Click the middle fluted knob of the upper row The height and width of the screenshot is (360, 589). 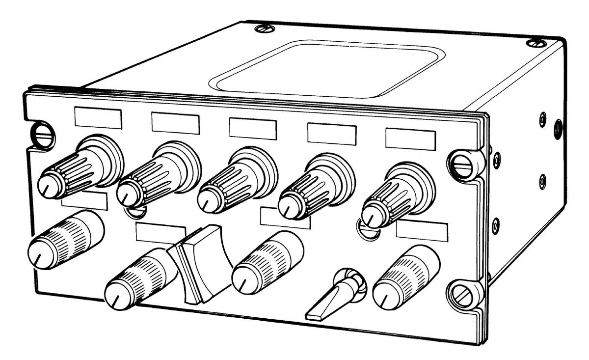pyautogui.click(x=236, y=182)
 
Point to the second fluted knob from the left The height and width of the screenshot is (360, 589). pyautogui.click(x=157, y=174)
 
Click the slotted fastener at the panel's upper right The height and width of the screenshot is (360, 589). pyautogui.click(x=463, y=166)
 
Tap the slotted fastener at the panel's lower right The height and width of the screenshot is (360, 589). pyautogui.click(x=463, y=295)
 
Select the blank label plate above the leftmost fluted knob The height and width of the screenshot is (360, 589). pyautogui.click(x=98, y=118)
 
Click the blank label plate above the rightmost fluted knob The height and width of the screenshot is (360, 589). pyautogui.click(x=410, y=139)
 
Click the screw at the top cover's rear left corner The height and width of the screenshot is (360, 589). pyautogui.click(x=265, y=28)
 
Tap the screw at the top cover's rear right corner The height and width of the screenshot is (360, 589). pyautogui.click(x=536, y=43)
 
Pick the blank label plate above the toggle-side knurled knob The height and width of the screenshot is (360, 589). pyautogui.click(x=422, y=231)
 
